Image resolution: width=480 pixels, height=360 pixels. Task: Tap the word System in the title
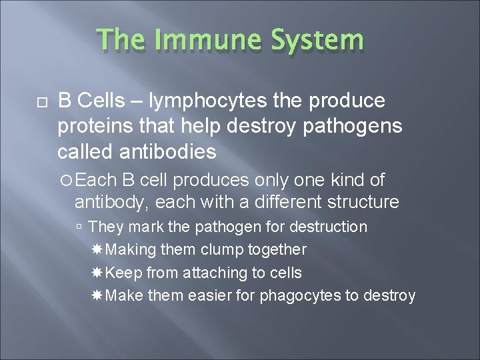point(318,40)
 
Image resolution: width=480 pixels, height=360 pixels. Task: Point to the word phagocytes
point(303,295)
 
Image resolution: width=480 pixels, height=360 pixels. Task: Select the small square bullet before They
point(79,227)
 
